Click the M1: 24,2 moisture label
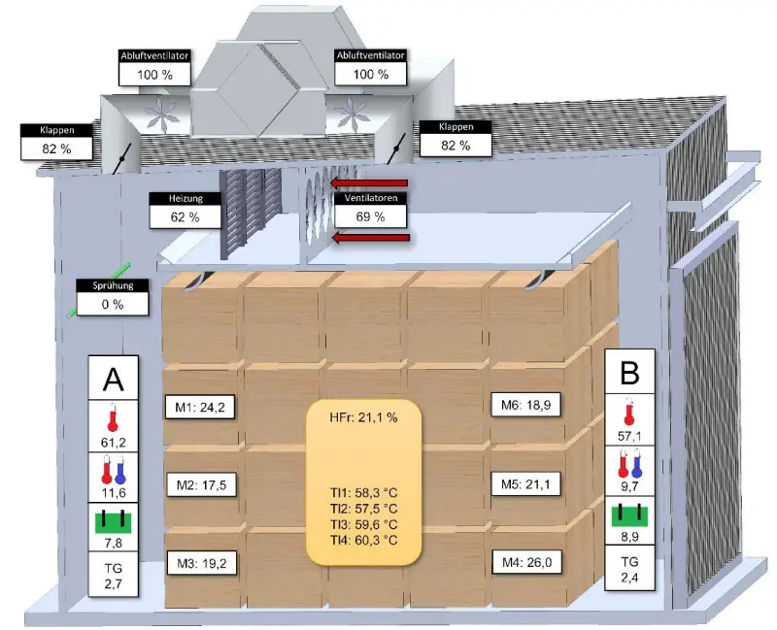(200, 407)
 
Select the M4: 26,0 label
(526, 562)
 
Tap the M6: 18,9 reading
(525, 405)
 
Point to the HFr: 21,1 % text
(363, 417)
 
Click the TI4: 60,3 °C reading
(363, 540)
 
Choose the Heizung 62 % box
(185, 211)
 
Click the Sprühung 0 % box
(113, 297)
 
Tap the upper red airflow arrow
(369, 183)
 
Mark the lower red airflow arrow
(371, 238)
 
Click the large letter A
(113, 380)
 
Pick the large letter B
(629, 373)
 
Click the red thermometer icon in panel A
(113, 417)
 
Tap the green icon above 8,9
(629, 515)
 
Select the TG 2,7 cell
(113, 575)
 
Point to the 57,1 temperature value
(629, 436)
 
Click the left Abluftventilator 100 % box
(154, 67)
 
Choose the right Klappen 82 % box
(456, 139)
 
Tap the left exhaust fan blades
(162, 115)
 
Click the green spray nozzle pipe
(100, 289)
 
